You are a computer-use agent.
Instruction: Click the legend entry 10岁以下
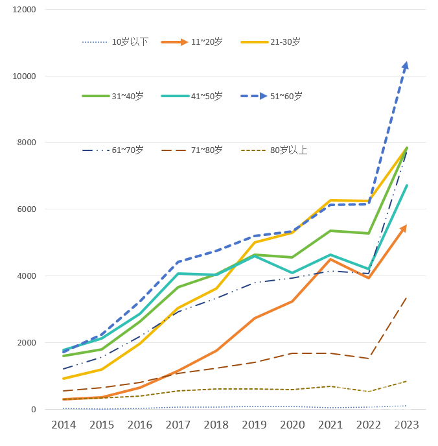[130, 41]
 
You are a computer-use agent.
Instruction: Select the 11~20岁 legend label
[207, 41]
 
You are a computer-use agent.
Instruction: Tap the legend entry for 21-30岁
[285, 41]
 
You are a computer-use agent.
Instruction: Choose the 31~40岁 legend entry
[128, 96]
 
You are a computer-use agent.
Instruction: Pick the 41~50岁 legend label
[207, 96]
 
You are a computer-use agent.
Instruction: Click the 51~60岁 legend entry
[286, 96]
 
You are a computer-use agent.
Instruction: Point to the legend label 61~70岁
[128, 150]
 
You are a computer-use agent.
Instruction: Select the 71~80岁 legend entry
[207, 150]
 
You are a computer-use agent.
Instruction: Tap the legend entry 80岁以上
[288, 150]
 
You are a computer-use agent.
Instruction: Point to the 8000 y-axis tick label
[25, 143]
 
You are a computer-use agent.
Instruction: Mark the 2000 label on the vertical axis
[25, 342]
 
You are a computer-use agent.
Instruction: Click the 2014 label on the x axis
[63, 425]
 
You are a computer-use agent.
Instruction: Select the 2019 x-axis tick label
[254, 425]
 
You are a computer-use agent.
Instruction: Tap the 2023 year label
[407, 425]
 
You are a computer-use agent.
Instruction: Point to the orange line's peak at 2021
[330, 259]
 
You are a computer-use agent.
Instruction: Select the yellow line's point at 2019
[255, 242]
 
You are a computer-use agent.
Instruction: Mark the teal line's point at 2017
[178, 274]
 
